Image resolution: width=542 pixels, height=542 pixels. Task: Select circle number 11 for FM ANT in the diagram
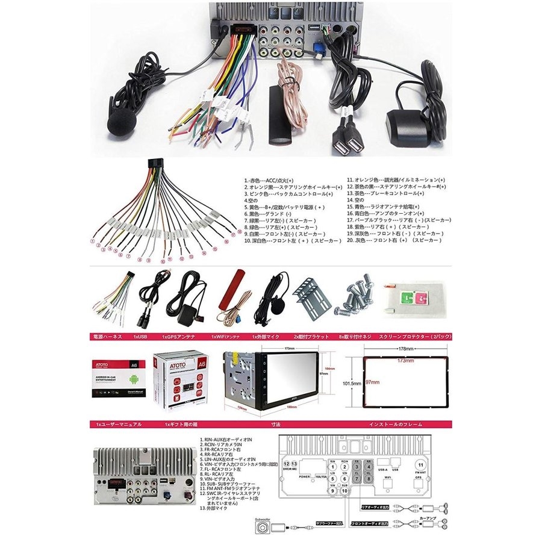pyautogui.click(x=420, y=465)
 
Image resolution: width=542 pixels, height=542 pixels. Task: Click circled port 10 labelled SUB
pyautogui.click(x=344, y=491)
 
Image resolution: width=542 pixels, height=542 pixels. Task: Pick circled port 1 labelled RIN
pyautogui.click(x=331, y=466)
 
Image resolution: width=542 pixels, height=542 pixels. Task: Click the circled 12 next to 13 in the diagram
pyautogui.click(x=287, y=465)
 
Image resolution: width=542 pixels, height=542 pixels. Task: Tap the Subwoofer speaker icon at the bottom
pyautogui.click(x=264, y=528)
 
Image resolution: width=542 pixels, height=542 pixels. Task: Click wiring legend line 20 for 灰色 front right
pyautogui.click(x=397, y=240)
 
